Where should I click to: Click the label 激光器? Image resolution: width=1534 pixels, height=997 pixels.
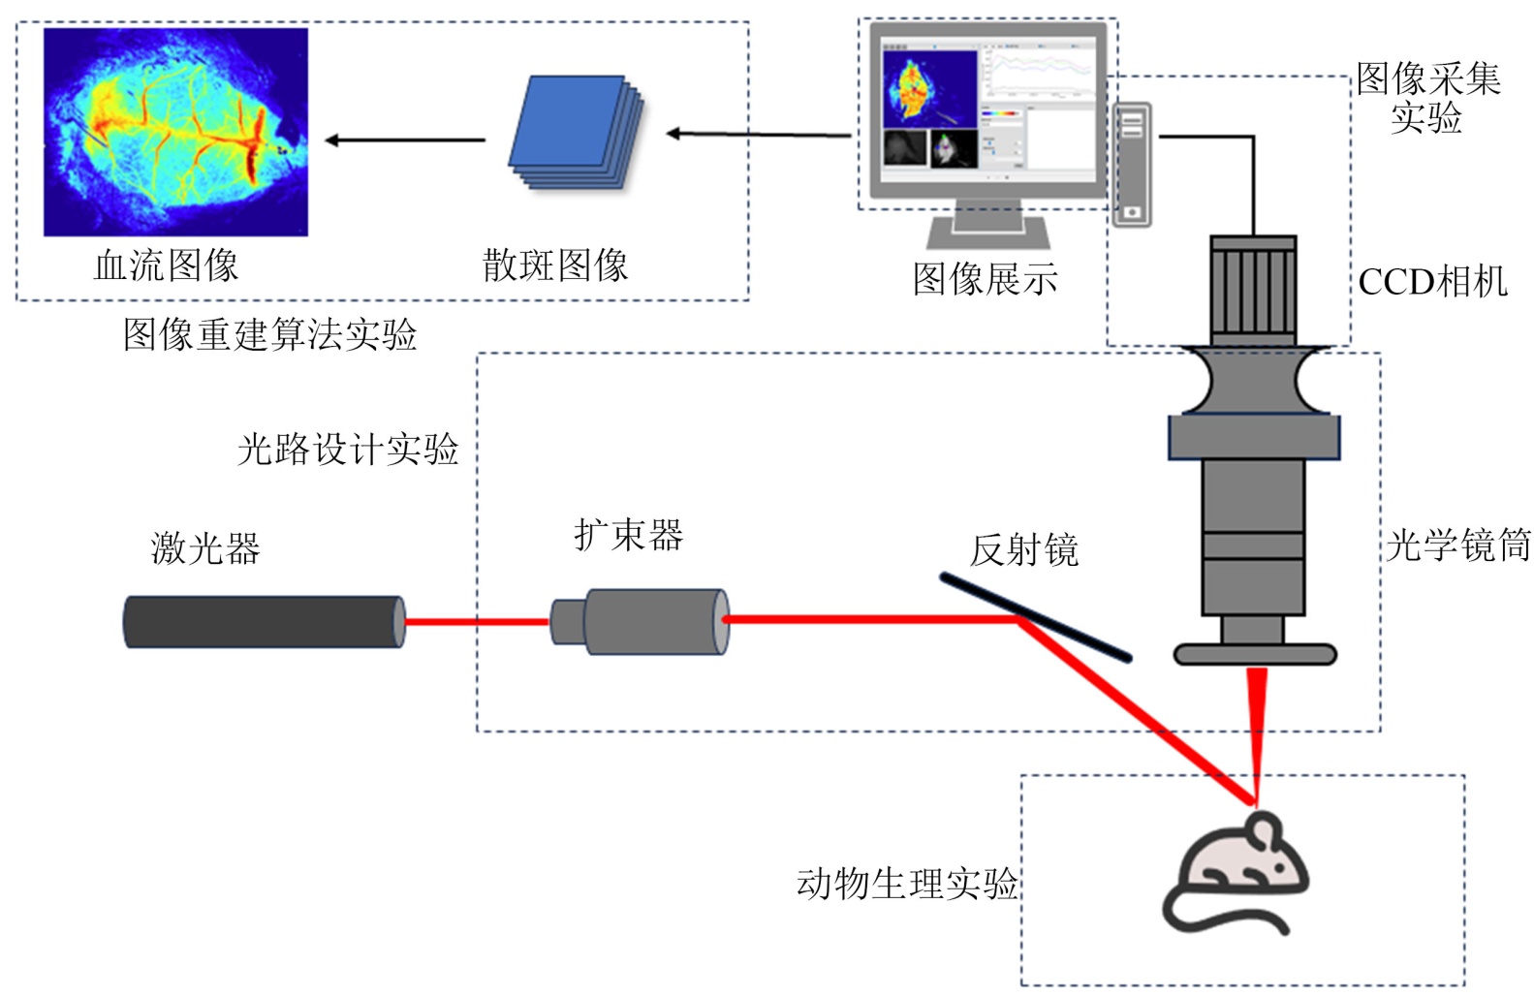pos(205,548)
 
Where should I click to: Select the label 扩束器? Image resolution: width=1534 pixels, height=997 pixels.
pos(628,534)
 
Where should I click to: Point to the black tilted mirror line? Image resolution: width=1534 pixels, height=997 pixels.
pos(1035,617)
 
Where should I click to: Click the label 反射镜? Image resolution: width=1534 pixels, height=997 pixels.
pos(1024,550)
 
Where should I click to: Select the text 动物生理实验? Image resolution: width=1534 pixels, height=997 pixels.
pos(907,883)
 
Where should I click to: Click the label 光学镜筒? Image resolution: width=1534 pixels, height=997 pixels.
pos(1458,545)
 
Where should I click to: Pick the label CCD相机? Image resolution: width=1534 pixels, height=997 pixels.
pos(1432,282)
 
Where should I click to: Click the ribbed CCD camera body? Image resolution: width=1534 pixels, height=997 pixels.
pos(1252,288)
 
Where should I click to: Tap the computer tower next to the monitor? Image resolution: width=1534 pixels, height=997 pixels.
pos(1132,165)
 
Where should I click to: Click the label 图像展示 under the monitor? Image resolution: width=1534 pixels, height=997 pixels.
pos(985,279)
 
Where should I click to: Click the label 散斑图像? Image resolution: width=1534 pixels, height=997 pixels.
pos(555,265)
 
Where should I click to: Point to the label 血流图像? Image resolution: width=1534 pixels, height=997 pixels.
pos(166,265)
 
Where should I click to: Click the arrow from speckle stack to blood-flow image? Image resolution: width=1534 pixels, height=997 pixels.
pos(405,140)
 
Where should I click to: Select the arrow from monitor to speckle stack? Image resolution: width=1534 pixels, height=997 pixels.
pos(760,134)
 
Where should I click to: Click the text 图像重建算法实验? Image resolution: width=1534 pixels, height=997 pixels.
pos(269,335)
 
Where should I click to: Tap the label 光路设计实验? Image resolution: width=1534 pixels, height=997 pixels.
pos(348,449)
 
